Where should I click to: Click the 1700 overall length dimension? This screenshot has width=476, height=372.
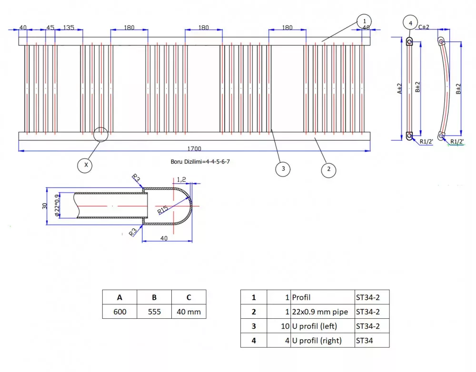tap(194, 149)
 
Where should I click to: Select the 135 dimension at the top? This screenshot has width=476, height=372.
tap(69, 28)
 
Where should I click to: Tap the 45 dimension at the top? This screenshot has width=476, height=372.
tap(50, 28)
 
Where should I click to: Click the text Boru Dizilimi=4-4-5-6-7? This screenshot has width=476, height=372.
tap(200, 162)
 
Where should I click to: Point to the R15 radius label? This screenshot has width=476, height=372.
tap(163, 210)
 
